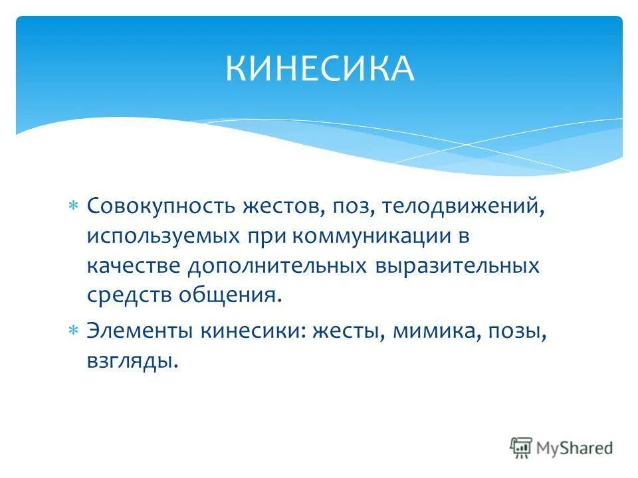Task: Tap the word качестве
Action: coord(134,266)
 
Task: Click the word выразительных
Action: coord(457,266)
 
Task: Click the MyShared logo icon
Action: coord(521,447)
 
